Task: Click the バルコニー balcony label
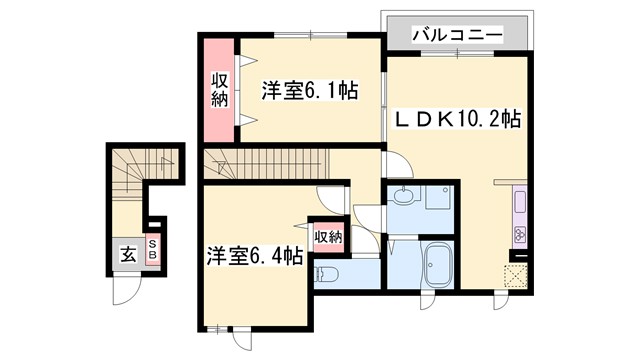457,35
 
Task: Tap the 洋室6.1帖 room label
296,90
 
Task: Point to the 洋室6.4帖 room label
255,256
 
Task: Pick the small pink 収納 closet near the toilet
327,237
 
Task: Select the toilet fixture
325,272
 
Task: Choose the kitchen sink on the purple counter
520,203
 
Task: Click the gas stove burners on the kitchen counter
520,236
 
